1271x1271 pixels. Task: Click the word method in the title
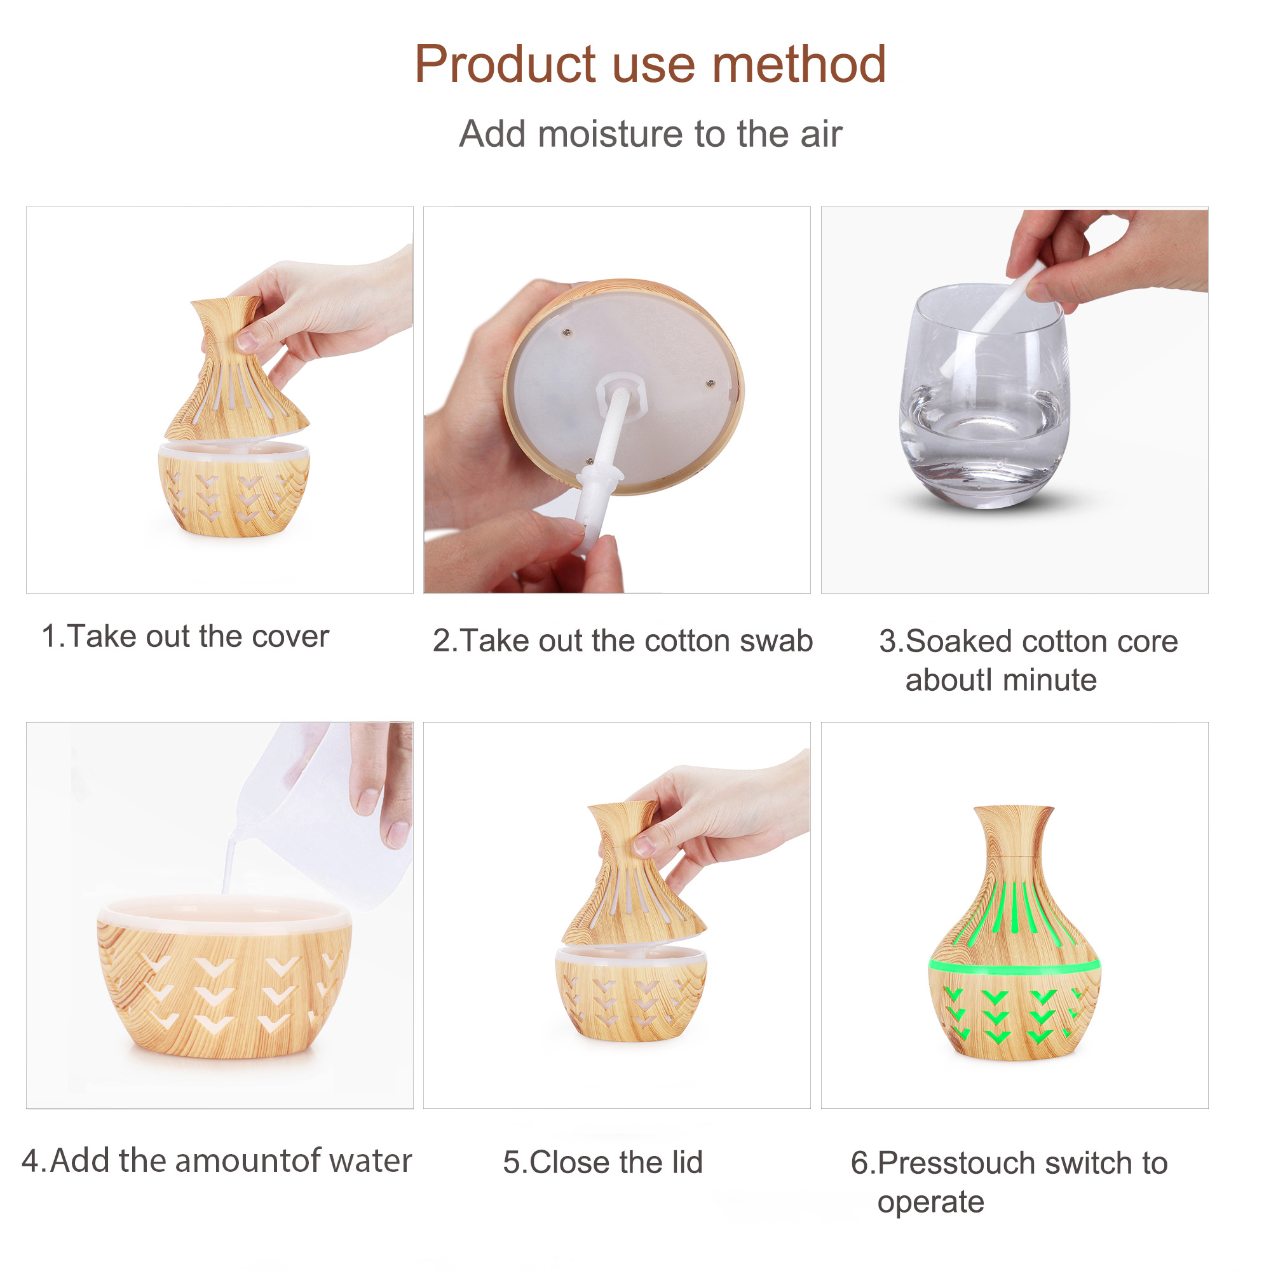point(799,64)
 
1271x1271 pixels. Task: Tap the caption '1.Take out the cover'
point(185,637)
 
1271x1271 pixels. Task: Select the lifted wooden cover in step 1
point(235,370)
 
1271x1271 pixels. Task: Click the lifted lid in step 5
point(633,875)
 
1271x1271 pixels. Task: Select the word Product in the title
point(505,64)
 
